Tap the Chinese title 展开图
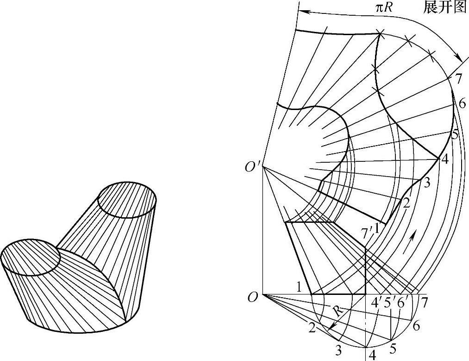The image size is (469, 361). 444,8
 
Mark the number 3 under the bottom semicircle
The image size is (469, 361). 338,351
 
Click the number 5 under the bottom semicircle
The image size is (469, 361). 394,347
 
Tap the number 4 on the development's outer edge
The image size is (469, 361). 444,159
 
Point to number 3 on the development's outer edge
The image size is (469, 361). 426,182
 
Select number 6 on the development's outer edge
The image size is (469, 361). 462,104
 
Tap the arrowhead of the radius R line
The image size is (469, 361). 331,328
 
